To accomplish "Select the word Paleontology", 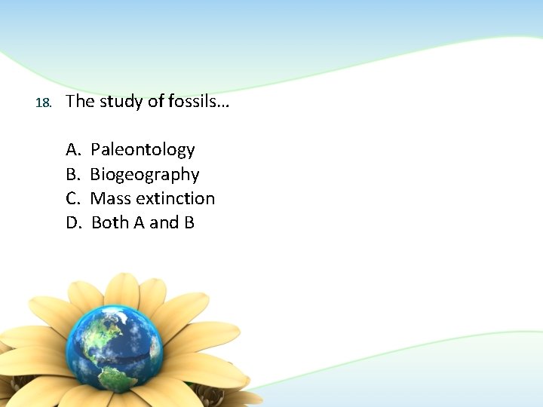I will tap(143, 150).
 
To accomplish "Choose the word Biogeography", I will tap(145, 175).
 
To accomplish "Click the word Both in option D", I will tap(110, 222).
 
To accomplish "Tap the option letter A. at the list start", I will tap(73, 150).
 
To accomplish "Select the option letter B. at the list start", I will tap(73, 175).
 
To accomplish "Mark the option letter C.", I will tap(73, 198).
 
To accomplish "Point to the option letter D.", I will tap(74, 222).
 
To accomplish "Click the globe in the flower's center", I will tap(115, 350).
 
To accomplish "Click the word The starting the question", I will tap(80, 101).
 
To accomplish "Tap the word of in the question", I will tap(156, 101).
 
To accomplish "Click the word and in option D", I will tap(164, 222).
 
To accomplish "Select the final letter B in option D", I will tap(189, 222).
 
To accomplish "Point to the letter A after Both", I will tap(140, 222).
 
